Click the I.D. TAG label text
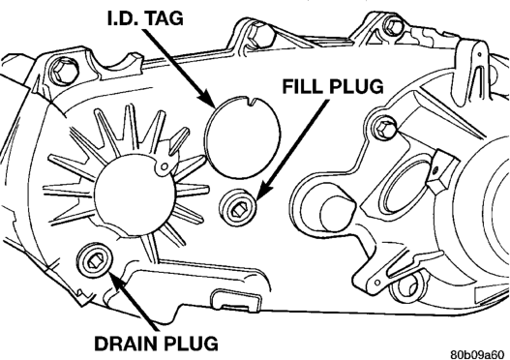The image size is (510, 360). click(145, 18)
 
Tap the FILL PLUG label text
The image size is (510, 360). click(332, 86)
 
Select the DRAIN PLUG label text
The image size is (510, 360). click(157, 343)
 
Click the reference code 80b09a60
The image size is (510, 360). click(479, 354)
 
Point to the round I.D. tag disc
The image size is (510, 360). click(243, 137)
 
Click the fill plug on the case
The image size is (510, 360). click(238, 207)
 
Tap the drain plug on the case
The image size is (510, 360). click(95, 261)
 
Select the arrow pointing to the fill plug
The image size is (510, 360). click(291, 150)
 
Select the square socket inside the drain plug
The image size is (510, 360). click(95, 261)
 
